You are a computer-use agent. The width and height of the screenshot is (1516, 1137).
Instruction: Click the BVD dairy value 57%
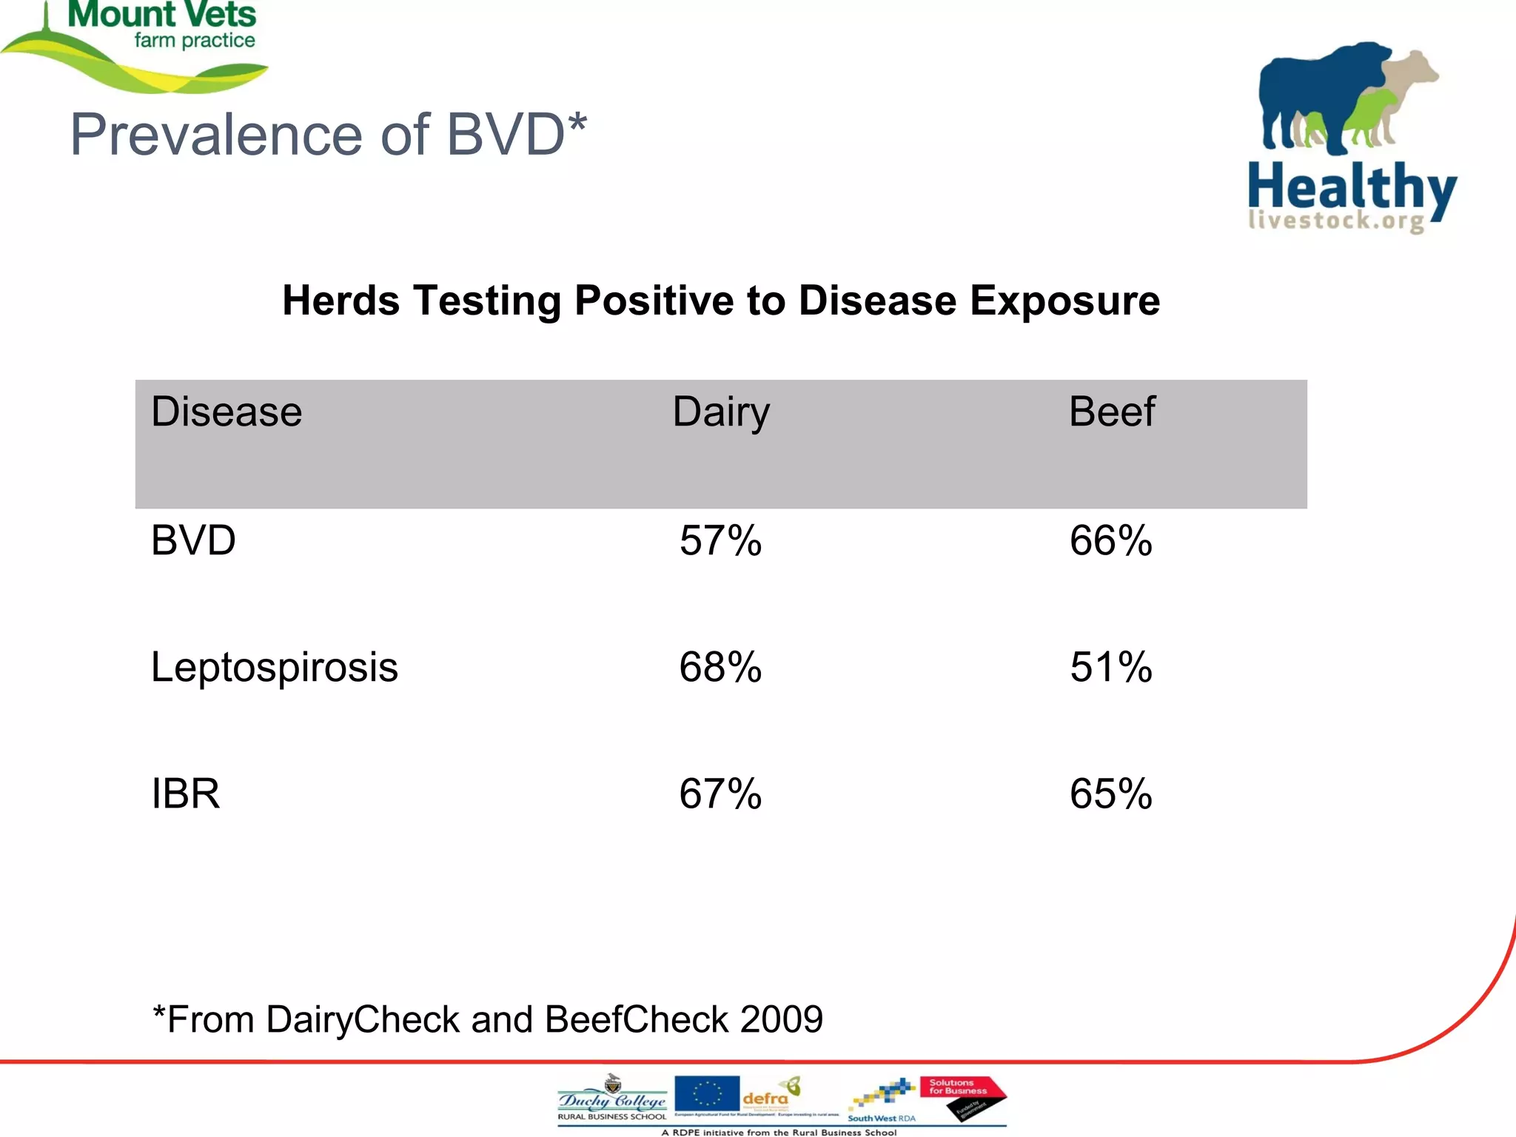coord(720,540)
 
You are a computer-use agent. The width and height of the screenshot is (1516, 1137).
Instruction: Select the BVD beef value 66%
coord(1110,540)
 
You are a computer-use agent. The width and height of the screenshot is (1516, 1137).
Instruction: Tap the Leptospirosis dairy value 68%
coord(720,667)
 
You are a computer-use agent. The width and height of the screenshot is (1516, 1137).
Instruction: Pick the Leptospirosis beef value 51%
coord(1110,667)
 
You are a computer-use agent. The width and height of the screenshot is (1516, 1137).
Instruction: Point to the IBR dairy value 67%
coord(720,794)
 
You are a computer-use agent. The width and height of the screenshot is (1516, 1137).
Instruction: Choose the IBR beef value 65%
coord(1110,794)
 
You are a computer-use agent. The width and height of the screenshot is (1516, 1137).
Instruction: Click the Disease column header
coord(227,412)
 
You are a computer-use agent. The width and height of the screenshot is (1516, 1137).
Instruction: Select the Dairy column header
coord(721,412)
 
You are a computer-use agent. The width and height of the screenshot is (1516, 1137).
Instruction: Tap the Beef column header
coord(1112,412)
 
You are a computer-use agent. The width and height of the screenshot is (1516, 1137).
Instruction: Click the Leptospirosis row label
coord(275,668)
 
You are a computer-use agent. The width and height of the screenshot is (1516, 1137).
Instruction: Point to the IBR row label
coord(186,794)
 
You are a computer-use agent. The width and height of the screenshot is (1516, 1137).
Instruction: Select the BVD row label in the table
coord(193,540)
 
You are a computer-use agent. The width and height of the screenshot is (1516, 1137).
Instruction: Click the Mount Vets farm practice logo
coord(148,44)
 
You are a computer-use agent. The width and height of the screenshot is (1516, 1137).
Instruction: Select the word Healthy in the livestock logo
coord(1352,189)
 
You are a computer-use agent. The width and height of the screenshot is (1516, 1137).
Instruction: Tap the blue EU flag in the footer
coord(707,1093)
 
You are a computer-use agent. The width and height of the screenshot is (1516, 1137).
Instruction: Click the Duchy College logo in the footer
coord(612,1099)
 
